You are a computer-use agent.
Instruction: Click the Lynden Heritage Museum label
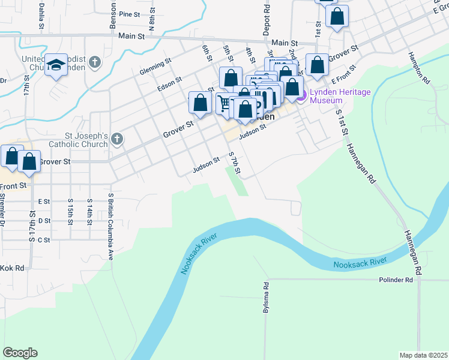point(340,96)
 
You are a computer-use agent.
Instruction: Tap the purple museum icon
point(301,95)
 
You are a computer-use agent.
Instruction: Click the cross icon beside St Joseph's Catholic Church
point(116,140)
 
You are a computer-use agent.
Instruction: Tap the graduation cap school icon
point(56,65)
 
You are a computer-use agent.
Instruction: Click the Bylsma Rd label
point(265,298)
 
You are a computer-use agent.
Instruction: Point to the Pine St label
point(129,14)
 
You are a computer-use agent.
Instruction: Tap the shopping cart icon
point(224,103)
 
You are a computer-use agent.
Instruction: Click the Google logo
point(20,353)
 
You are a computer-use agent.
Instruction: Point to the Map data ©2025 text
point(423,355)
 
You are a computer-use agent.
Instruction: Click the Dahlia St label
point(41,11)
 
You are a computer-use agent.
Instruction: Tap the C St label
point(44,240)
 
